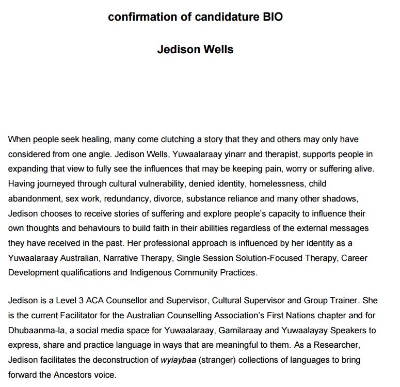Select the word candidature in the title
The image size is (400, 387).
click(x=225, y=17)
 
